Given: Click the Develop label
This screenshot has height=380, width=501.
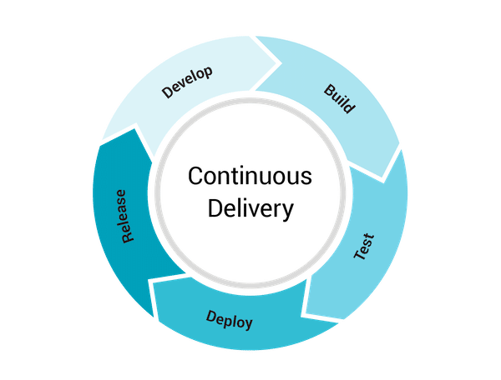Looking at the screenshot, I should [188, 83].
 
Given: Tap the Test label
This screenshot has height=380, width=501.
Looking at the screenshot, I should [364, 247].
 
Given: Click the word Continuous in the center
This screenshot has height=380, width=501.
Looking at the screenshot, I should [250, 177].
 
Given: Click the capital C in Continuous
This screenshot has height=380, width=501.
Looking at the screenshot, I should [195, 177].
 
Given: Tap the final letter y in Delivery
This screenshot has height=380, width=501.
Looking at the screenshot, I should [288, 211].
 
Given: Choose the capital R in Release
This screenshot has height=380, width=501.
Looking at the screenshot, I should [128, 237].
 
